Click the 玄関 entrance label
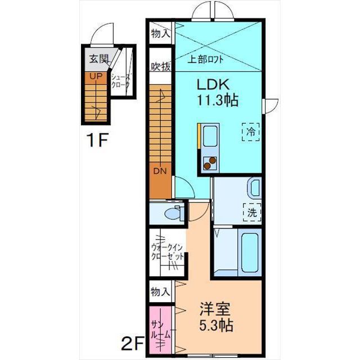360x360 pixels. pos(99,59)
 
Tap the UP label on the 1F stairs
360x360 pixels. pos(96,76)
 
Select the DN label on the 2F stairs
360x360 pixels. pos(160,171)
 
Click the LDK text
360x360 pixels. pos(213,85)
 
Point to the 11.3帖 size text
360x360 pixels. pos(218,100)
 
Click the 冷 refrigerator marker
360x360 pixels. pos(251,132)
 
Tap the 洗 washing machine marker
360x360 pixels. pos(252,213)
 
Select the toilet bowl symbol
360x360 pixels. pos(174,213)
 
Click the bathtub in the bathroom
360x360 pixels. pos(249,252)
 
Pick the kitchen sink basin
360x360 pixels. pos(210,136)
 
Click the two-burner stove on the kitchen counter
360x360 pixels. pos(210,163)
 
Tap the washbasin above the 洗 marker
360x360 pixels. pos(254,187)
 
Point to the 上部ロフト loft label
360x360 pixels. pos(205,60)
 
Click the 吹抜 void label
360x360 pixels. pos(161,67)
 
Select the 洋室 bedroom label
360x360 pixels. pos(215,309)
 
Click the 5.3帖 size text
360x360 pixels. pos(216,325)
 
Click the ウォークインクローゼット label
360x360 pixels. pos(168,253)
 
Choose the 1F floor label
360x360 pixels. pos(97,140)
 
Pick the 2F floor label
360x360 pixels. pos(133,343)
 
